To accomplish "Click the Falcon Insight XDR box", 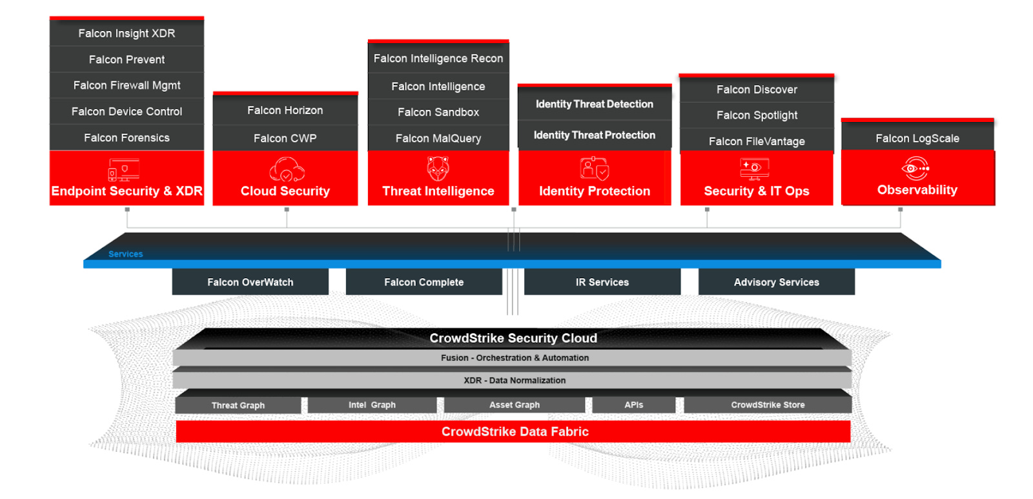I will click(127, 33).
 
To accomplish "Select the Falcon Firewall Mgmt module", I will click(127, 85).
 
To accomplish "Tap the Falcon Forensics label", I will click(127, 137).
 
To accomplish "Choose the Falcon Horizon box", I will click(285, 110).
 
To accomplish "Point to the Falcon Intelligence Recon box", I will click(438, 58).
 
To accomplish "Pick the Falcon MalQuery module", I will click(438, 138).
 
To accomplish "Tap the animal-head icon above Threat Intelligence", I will click(438, 168).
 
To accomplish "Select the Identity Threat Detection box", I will click(594, 104).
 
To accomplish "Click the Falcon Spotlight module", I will click(757, 115).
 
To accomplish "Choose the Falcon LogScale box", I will click(917, 138).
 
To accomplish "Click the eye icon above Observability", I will click(915, 168).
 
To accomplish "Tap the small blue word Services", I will click(125, 254).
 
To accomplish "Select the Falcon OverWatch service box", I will click(250, 282).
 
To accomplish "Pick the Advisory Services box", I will click(776, 282).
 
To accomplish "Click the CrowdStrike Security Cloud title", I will click(513, 338).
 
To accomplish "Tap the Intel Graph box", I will click(372, 405).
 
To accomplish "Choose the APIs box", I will click(633, 405).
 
